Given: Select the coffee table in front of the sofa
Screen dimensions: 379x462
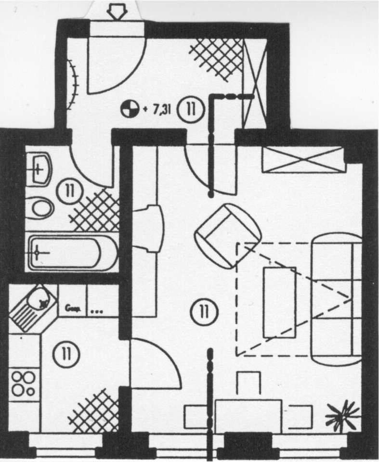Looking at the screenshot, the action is coord(279,302).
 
